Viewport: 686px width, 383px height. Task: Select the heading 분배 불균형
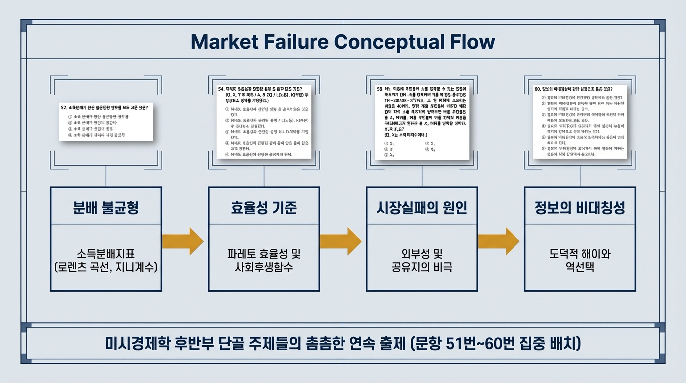click(x=106, y=207)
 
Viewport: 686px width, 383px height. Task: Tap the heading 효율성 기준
click(x=264, y=207)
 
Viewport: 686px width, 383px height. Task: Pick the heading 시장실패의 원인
click(x=422, y=207)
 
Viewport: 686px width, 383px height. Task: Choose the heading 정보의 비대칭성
click(x=580, y=207)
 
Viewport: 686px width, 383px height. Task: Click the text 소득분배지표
click(x=106, y=254)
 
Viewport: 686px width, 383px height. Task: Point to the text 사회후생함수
click(x=264, y=267)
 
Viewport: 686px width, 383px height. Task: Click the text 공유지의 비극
click(x=422, y=267)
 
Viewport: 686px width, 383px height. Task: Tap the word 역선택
click(x=580, y=267)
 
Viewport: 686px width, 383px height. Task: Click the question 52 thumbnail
click(x=106, y=121)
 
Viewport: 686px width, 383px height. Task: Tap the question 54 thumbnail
click(x=264, y=121)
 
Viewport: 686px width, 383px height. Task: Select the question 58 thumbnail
click(x=422, y=121)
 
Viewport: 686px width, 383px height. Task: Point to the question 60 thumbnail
click(x=580, y=121)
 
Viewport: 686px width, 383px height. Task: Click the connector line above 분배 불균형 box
click(x=106, y=176)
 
